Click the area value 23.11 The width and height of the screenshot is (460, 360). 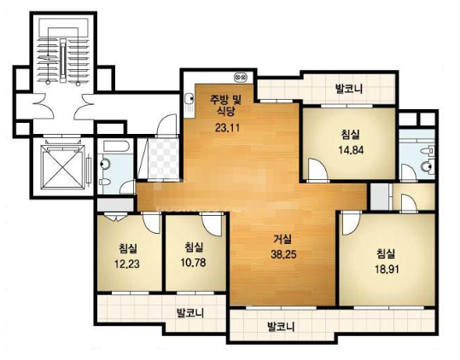click(227, 128)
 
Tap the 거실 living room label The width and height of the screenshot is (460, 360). click(282, 239)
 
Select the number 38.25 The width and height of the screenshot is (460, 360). click(283, 254)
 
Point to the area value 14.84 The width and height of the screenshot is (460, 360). click(351, 150)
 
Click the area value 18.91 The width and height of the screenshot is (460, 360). click(387, 269)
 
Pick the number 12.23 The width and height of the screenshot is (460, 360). click(126, 264)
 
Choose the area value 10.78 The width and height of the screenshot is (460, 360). click(193, 263)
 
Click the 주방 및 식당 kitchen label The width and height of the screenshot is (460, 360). click(225, 105)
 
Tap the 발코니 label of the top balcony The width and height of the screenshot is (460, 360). click(349, 88)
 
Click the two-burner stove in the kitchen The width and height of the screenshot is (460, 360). click(241, 78)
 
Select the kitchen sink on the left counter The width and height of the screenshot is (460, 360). click(189, 99)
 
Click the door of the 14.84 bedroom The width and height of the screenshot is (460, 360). click(317, 170)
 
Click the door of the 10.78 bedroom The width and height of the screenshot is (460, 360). click(212, 224)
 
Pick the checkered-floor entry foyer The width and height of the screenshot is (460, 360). click(163, 159)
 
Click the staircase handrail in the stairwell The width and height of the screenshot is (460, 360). click(63, 61)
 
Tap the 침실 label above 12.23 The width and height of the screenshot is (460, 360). click(128, 249)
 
